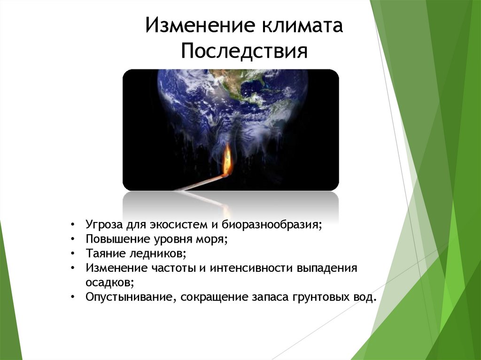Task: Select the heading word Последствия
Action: pyautogui.click(x=244, y=51)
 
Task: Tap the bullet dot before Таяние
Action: pyautogui.click(x=74, y=253)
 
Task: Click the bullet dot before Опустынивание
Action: pyautogui.click(x=74, y=298)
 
